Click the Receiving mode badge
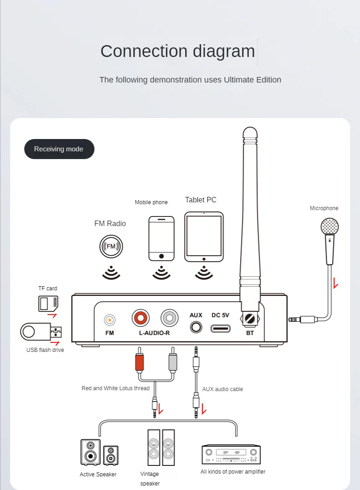(x=59, y=149)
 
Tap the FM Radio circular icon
(x=111, y=246)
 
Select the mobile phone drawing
(x=161, y=238)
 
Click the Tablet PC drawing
(x=204, y=237)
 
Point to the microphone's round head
(x=329, y=227)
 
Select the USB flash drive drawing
(x=41, y=331)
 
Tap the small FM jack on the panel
(x=110, y=320)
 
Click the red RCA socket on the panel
(x=140, y=317)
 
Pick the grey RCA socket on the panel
(x=170, y=317)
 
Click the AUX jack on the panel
(x=196, y=326)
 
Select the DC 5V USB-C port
(x=220, y=328)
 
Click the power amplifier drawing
(x=231, y=454)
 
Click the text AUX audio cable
(x=222, y=389)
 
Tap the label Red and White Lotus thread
(x=115, y=388)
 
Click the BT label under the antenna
(x=250, y=333)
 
